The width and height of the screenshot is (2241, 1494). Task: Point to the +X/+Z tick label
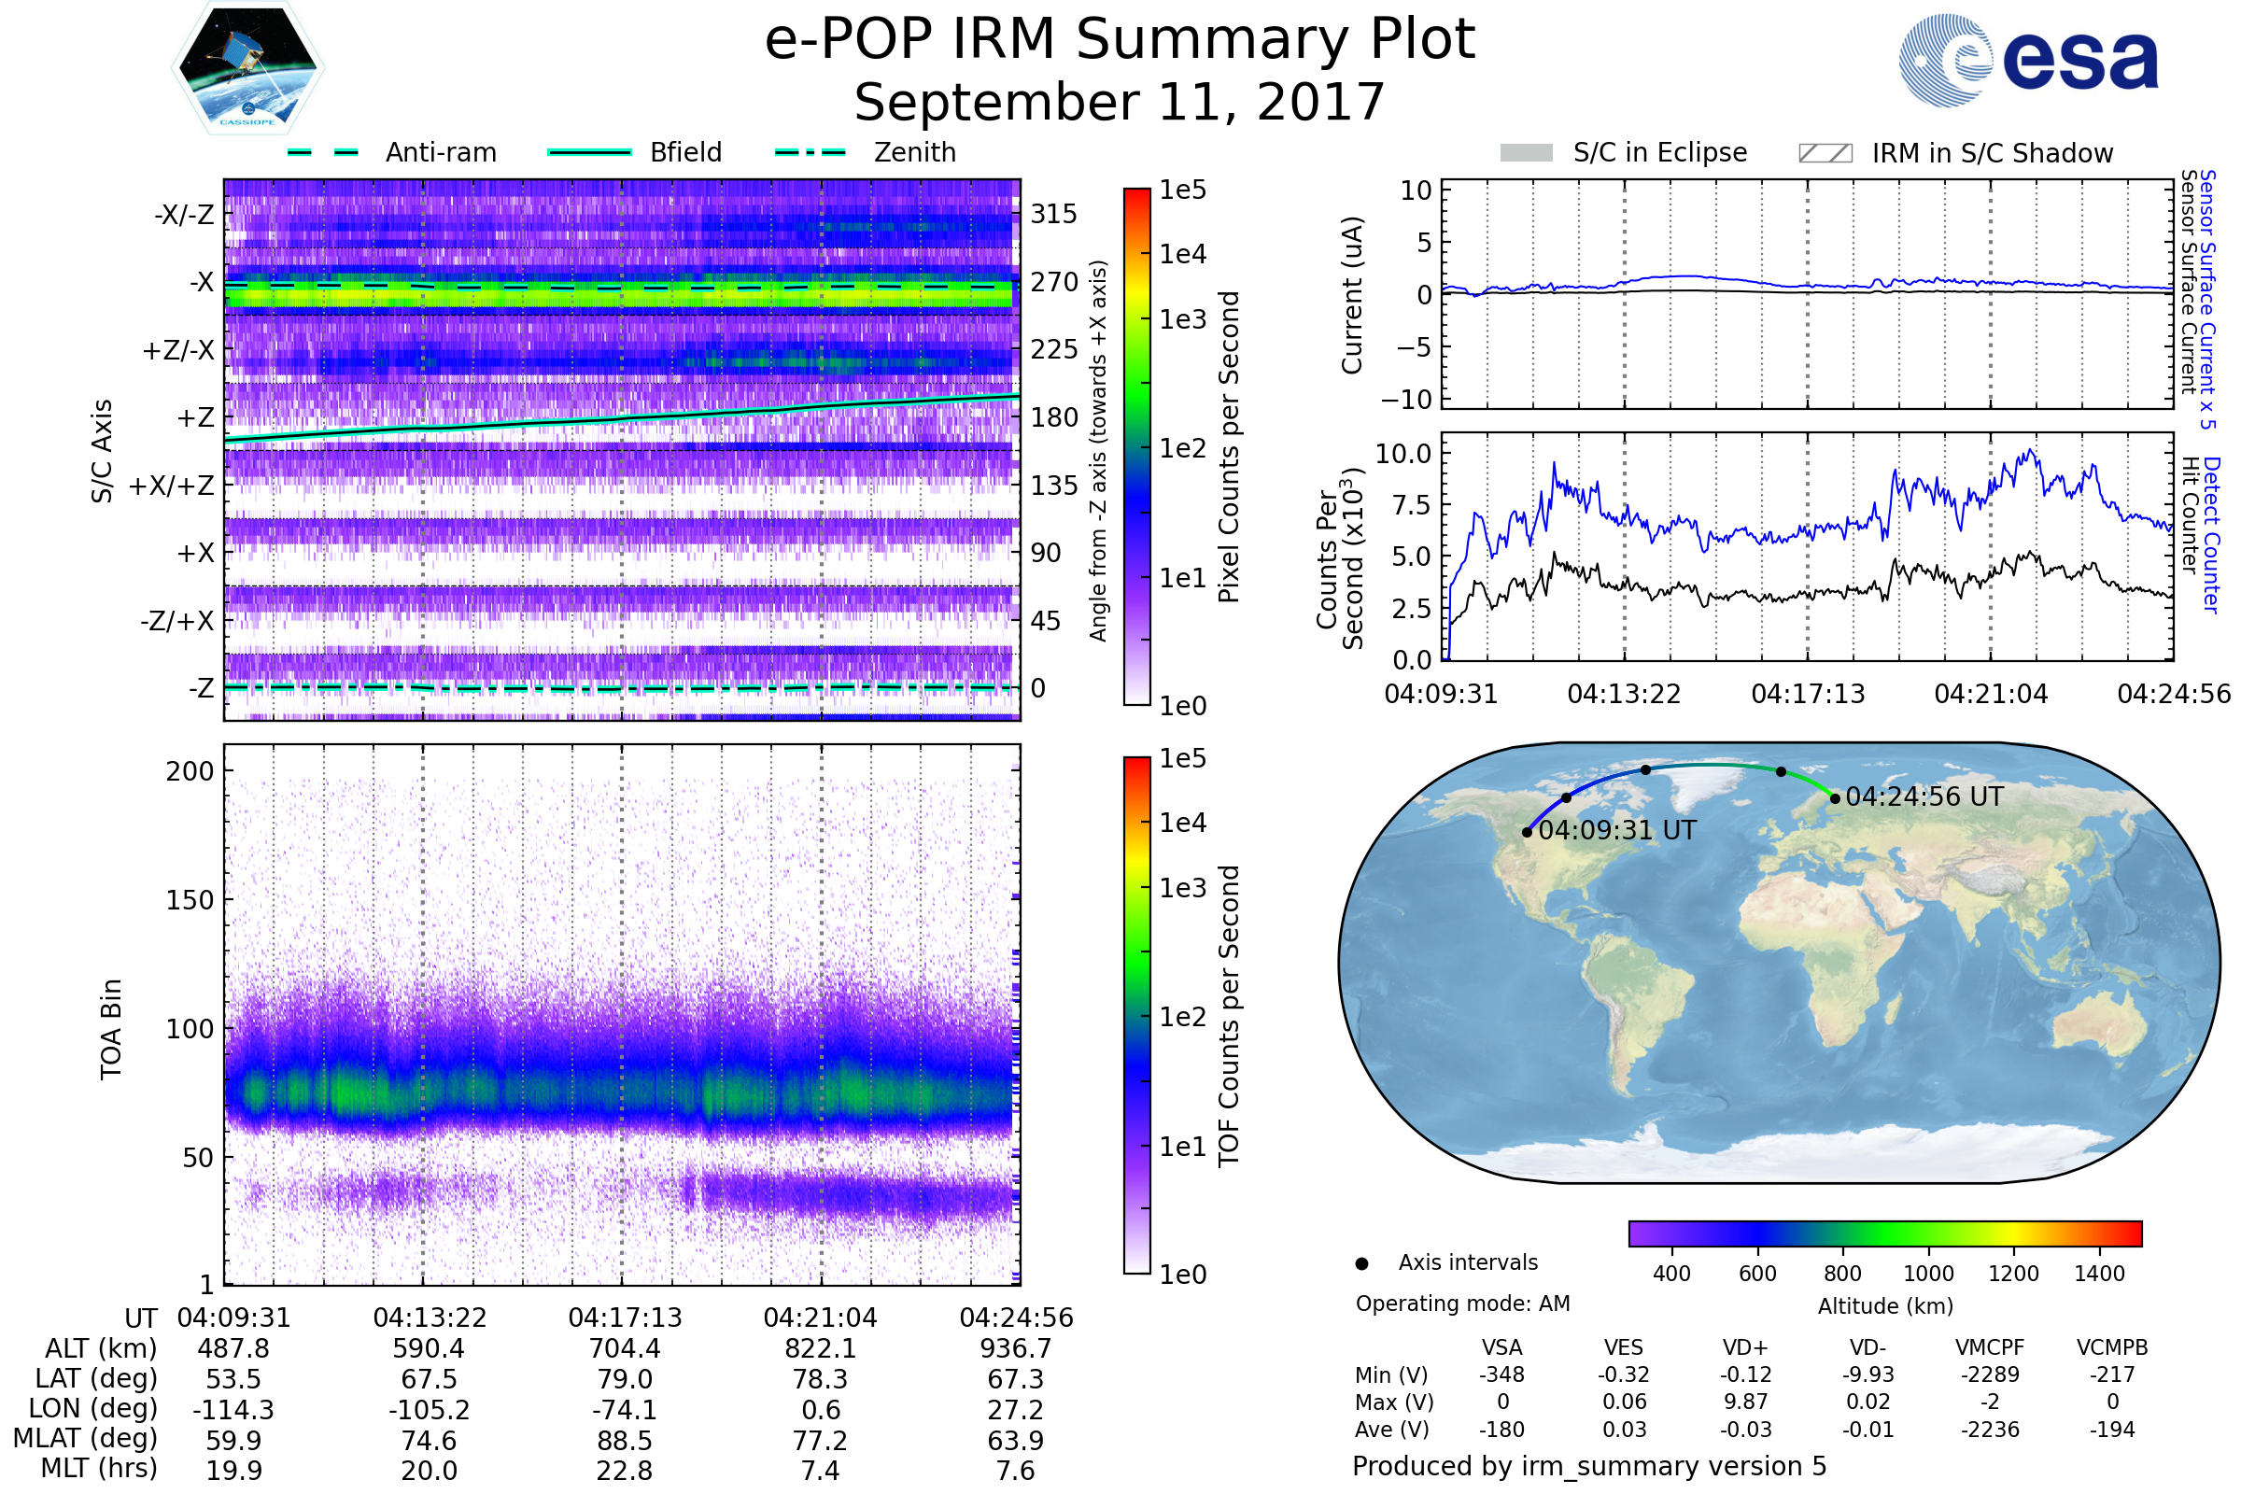tap(172, 486)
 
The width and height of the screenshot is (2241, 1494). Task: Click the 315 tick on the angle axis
tap(1053, 214)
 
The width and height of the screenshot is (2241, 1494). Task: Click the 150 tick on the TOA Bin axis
tap(190, 900)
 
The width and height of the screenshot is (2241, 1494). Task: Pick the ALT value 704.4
tap(624, 1348)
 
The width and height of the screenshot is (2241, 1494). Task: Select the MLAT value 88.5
tap(624, 1440)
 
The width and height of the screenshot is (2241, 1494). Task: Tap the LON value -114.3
tap(233, 1409)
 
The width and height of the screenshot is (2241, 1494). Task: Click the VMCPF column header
tap(1990, 1347)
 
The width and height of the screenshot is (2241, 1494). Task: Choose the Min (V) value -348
tap(1501, 1374)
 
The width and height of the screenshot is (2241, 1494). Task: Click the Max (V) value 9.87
tap(1745, 1402)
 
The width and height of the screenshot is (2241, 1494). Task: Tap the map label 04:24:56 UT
tap(1924, 796)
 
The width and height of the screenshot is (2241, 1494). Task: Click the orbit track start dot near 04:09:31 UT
tap(1528, 832)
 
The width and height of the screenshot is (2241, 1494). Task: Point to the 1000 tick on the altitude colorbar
tap(1927, 1274)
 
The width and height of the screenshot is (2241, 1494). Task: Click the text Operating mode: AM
tap(1462, 1304)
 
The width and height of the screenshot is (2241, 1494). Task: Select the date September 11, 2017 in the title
tap(1120, 103)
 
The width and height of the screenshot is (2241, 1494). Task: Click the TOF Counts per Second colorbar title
tap(1229, 1016)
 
